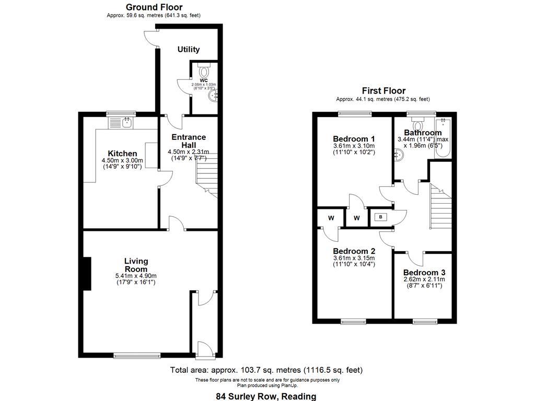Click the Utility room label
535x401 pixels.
[x=189, y=50]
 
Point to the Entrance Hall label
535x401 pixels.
[x=189, y=140]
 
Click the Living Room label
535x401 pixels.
[x=136, y=265]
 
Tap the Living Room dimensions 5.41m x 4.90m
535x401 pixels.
[x=136, y=276]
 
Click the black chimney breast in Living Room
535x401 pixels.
[x=86, y=273]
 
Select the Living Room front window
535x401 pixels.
[x=137, y=356]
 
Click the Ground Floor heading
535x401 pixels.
[x=154, y=7]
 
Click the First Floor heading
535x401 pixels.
[x=383, y=91]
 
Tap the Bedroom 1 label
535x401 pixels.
[x=354, y=138]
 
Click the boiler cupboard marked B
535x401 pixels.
[x=380, y=217]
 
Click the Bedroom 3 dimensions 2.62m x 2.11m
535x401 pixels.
[x=424, y=279]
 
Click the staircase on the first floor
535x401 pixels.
[x=440, y=206]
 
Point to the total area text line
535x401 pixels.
[x=266, y=370]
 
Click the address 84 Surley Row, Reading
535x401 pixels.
[x=266, y=396]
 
